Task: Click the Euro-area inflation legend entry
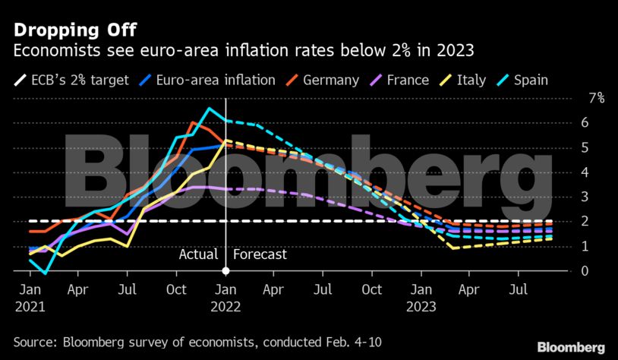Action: point(212,80)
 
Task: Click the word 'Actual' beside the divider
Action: point(198,254)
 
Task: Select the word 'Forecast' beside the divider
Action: point(260,254)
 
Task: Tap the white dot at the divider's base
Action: point(225,271)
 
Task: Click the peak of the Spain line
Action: point(209,109)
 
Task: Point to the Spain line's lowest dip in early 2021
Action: point(46,273)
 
